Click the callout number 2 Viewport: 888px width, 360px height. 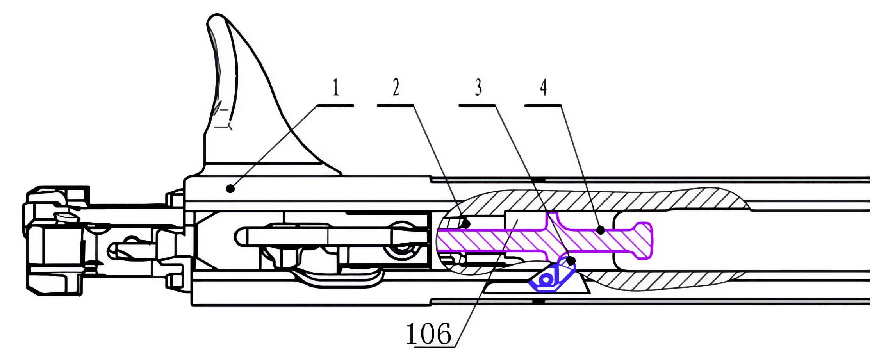396,87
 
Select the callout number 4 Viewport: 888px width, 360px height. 543,87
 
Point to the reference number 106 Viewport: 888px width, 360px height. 428,334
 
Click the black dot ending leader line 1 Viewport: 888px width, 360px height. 230,189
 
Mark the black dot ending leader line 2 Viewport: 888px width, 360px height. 466,224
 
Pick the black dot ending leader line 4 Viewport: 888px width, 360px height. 601,230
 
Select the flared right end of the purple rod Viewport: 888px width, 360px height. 644,240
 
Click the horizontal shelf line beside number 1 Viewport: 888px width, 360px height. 335,105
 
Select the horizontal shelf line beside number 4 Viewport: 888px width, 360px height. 543,105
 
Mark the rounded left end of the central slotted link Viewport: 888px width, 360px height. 241,237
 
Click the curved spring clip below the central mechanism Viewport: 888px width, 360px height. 336,278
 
